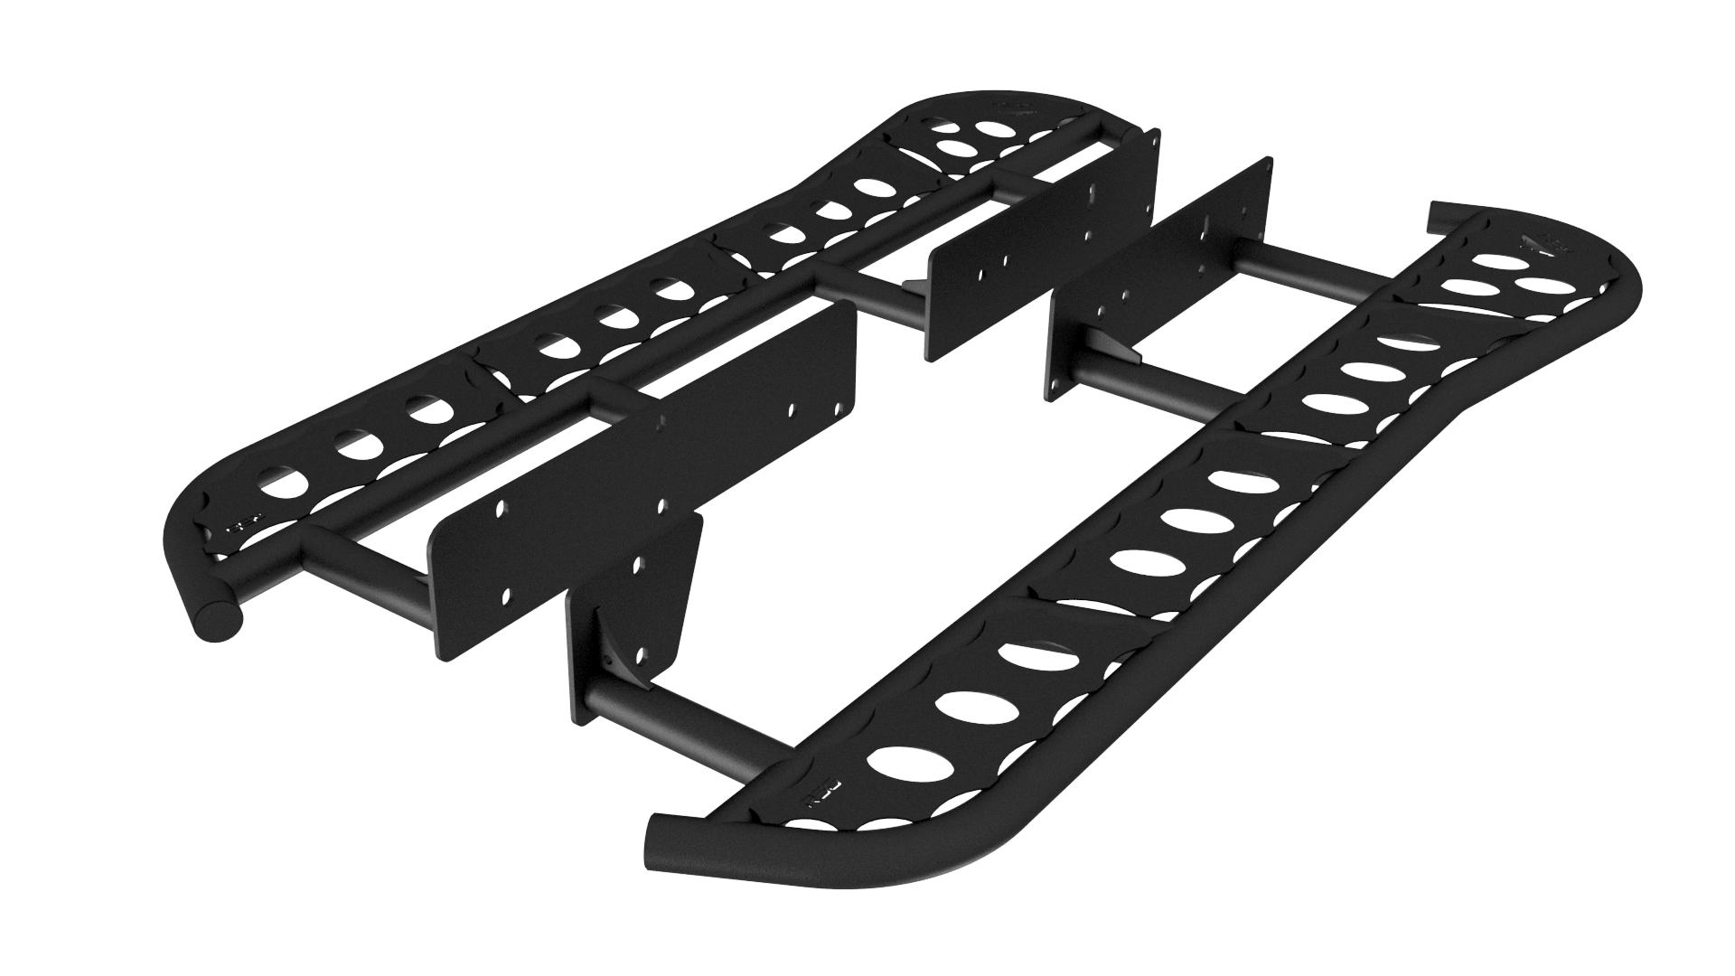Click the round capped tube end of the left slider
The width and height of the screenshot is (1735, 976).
click(x=216, y=622)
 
